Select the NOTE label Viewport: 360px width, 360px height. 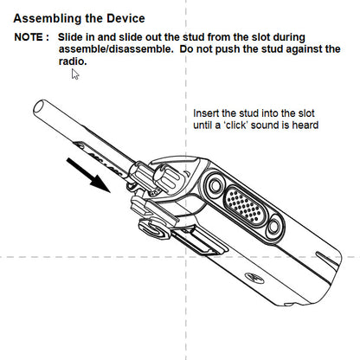(32, 38)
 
